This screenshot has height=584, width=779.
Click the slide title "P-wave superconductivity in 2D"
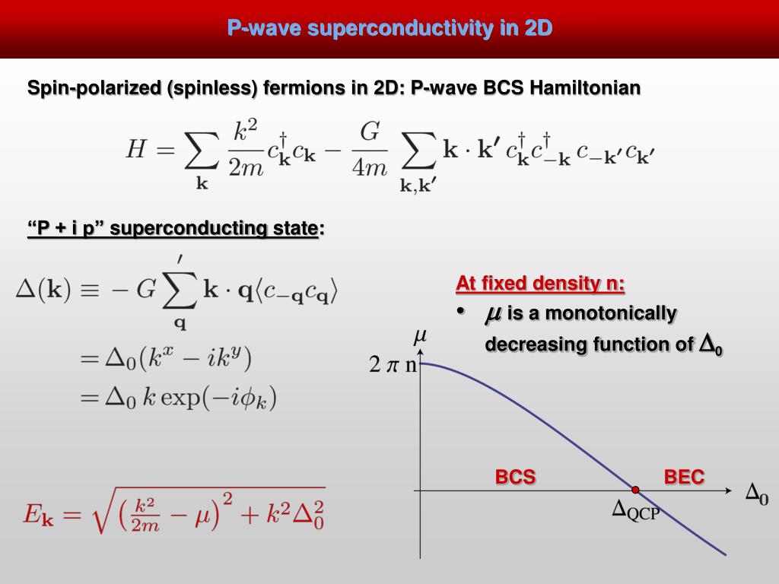[389, 29]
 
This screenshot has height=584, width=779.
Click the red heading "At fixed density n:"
[540, 284]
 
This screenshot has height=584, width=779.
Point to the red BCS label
[515, 478]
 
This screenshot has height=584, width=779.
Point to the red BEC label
[684, 478]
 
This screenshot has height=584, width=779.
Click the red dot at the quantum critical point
[635, 490]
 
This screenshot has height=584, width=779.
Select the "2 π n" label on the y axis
[393, 365]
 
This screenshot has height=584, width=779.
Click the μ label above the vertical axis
[419, 335]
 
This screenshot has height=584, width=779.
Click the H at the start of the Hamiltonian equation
[135, 150]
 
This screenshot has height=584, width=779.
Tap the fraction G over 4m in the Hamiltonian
[369, 150]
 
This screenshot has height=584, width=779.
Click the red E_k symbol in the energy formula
[38, 515]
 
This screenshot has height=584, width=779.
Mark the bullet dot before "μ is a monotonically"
[460, 312]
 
